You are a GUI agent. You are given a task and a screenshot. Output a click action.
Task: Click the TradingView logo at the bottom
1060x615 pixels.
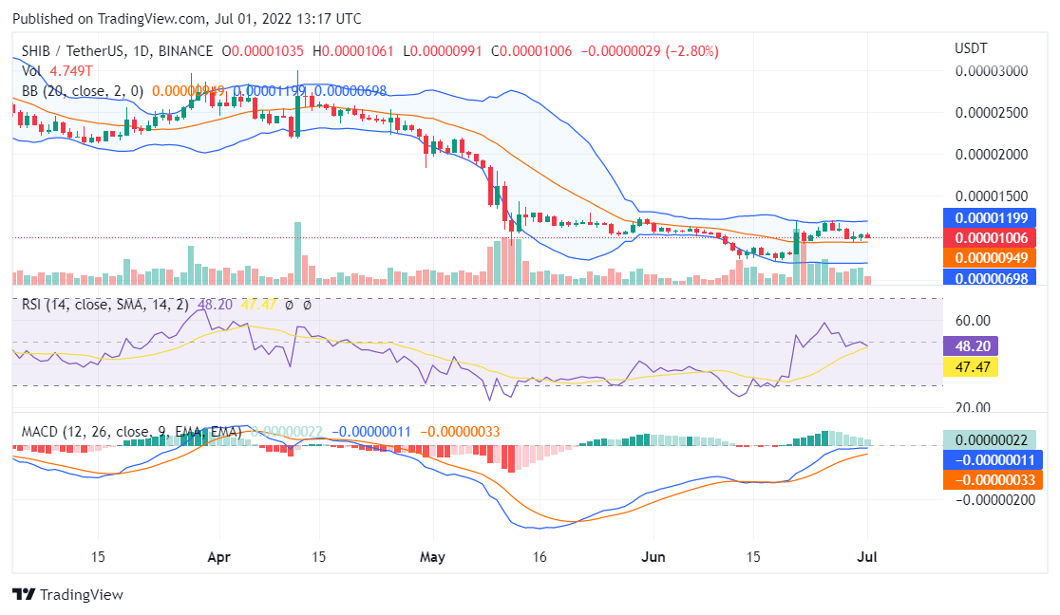67,595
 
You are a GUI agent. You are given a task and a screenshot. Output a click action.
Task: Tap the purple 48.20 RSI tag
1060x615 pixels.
970,346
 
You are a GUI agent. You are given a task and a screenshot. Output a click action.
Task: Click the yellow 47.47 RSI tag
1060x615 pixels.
970,366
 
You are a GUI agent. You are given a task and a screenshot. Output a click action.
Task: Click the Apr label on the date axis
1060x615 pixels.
219,557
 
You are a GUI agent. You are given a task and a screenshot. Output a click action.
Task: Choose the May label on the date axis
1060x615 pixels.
432,557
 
